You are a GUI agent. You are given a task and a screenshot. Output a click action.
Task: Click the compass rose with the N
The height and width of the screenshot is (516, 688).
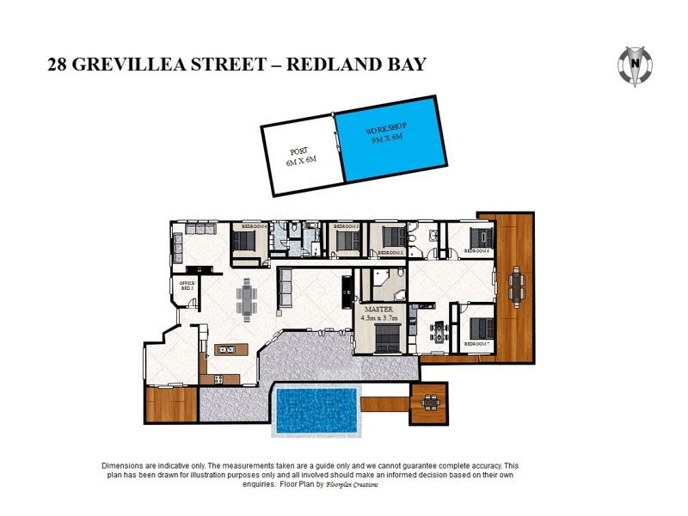(636, 64)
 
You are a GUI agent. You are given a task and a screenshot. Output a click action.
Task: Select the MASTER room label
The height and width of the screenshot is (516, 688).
(378, 309)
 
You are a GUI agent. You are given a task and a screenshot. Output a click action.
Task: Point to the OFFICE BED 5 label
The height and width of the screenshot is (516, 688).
(186, 286)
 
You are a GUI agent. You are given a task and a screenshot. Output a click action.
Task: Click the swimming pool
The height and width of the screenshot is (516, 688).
(315, 409)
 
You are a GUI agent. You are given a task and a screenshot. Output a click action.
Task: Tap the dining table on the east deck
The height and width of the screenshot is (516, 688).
(515, 286)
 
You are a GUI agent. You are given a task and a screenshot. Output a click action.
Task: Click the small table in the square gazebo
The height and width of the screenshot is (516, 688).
(430, 401)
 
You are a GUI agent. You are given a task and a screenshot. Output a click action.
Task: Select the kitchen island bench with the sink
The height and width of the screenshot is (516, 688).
(228, 349)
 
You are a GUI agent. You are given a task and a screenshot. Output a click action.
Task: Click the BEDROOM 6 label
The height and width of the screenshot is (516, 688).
(476, 251)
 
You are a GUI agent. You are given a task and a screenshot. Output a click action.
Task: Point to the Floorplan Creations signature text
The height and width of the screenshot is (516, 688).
(353, 485)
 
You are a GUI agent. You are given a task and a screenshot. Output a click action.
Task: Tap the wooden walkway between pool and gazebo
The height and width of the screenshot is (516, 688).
(384, 402)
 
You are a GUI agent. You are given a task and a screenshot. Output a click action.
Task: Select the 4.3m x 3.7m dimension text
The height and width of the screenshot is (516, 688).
(378, 318)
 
